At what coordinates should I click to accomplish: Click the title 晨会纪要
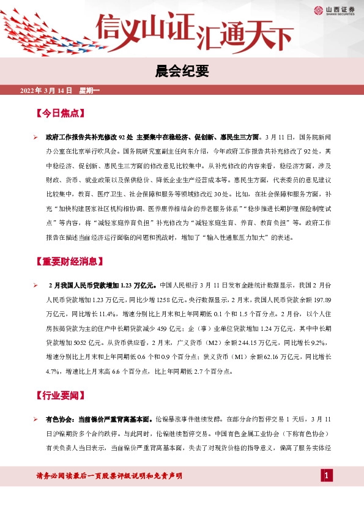182,72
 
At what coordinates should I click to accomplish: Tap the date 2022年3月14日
46,91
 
